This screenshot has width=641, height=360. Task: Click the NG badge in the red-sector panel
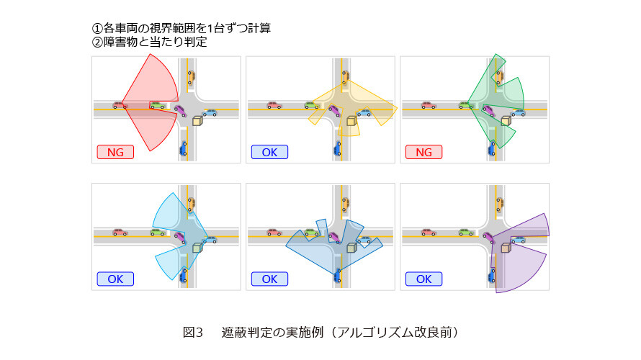coord(115,152)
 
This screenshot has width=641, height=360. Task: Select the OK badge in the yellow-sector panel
coord(269,152)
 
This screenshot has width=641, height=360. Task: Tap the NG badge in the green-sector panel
coord(424,152)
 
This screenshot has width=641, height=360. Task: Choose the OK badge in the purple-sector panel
coord(424,279)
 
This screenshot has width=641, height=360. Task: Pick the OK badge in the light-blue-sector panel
coord(115,279)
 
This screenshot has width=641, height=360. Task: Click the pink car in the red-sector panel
coord(120,105)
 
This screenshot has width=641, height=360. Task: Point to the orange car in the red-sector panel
coord(191,77)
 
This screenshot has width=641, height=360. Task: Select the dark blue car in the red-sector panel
coord(184,149)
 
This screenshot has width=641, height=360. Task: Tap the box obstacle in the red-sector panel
coord(197,120)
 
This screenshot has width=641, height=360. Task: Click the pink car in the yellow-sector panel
coord(274,105)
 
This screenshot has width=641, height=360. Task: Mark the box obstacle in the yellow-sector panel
coord(351,120)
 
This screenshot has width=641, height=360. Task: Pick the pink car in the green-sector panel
coord(428,105)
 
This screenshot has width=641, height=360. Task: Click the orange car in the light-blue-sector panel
coord(191,204)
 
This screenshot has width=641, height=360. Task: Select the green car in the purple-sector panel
coord(465,232)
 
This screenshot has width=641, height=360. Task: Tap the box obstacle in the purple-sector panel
coord(506,248)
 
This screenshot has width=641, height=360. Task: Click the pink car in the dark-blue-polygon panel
coord(274,232)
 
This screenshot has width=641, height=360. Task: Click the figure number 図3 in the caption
coord(193,332)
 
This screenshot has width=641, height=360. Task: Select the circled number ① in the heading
coord(97,28)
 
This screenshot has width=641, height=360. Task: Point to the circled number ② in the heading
coord(97,42)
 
